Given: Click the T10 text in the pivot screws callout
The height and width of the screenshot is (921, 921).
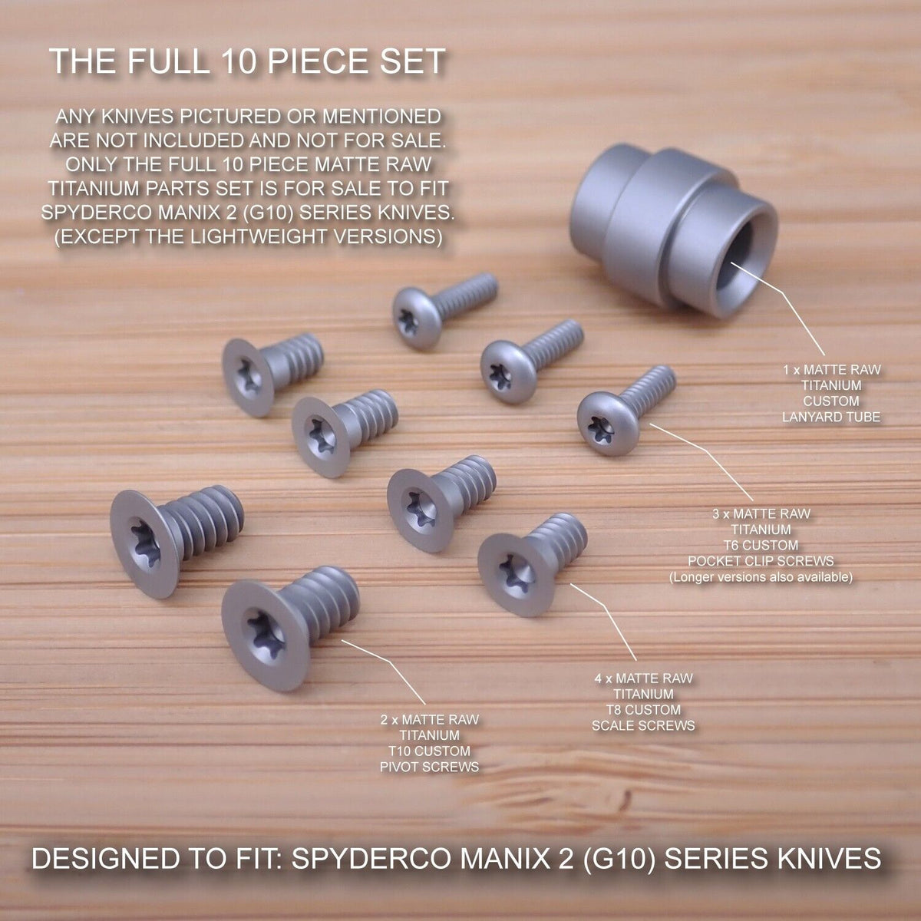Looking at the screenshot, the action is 401,751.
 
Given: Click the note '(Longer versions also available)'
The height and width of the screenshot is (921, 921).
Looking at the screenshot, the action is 761,577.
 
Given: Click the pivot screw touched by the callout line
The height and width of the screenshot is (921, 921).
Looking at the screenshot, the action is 289,627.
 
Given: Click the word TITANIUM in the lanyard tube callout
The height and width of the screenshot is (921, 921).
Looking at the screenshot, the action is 831,385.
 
